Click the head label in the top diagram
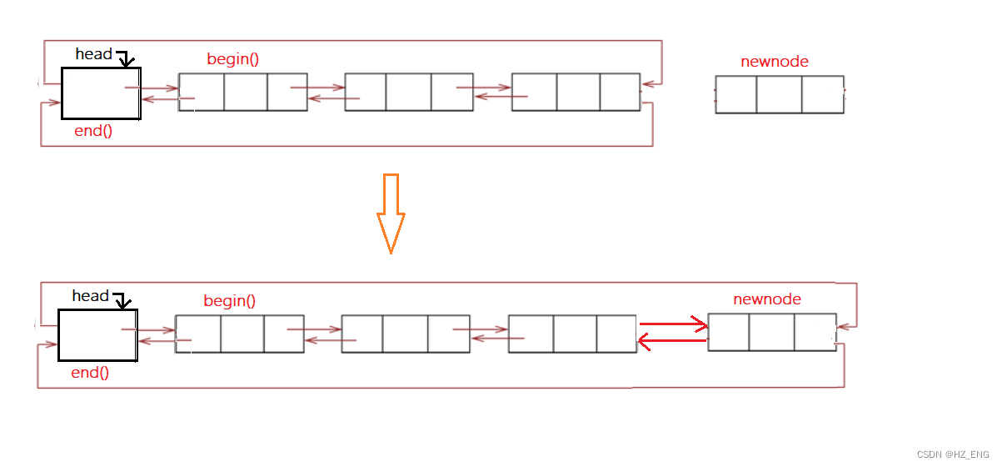point(93,54)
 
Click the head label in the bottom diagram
point(90,296)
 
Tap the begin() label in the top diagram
point(233,59)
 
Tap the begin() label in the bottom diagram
point(230,301)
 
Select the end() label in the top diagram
point(93,131)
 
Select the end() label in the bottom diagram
point(90,373)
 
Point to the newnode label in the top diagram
point(775,62)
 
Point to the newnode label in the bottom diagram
point(767,299)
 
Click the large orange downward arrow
point(391,213)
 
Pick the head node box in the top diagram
point(101,93)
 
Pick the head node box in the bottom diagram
point(97,334)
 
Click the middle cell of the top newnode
point(780,94)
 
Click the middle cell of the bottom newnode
point(771,332)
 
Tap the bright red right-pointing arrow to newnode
point(673,324)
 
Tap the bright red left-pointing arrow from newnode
point(672,340)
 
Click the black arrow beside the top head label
point(125,59)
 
